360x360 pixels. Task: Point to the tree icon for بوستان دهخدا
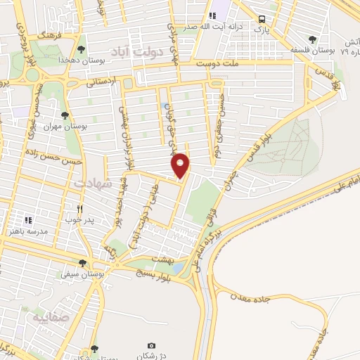[x=82, y=49]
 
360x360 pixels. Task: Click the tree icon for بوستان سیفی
[x=82, y=264]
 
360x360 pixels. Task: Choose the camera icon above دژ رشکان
[x=151, y=346]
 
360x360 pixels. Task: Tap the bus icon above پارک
[x=262, y=20]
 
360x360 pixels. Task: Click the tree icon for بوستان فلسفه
[x=312, y=39]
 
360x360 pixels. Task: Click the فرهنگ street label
[x=51, y=32]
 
